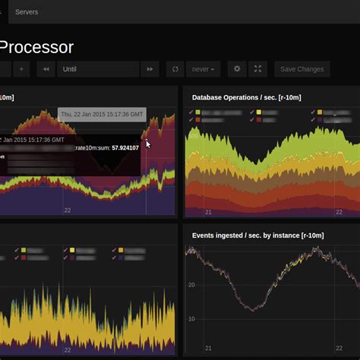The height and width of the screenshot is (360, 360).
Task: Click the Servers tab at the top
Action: point(27,12)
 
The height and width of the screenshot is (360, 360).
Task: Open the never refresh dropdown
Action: point(203,69)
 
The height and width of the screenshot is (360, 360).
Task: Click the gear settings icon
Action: point(237,69)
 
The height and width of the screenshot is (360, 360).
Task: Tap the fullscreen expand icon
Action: point(257,69)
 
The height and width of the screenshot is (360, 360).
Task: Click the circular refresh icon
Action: point(175,69)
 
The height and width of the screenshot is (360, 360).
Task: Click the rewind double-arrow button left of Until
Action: point(46,69)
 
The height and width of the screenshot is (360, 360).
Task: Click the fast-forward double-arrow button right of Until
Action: point(150,69)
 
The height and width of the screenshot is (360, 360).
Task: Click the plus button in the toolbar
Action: point(21,69)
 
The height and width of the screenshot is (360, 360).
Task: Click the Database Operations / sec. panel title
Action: point(245,97)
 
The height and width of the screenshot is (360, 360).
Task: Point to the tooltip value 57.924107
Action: point(125,148)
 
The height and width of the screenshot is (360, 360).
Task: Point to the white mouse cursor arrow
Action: point(148,143)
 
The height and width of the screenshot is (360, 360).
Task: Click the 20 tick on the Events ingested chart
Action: point(191,285)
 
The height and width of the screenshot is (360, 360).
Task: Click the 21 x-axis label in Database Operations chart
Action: point(208,212)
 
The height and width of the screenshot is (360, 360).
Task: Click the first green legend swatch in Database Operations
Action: point(198,112)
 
